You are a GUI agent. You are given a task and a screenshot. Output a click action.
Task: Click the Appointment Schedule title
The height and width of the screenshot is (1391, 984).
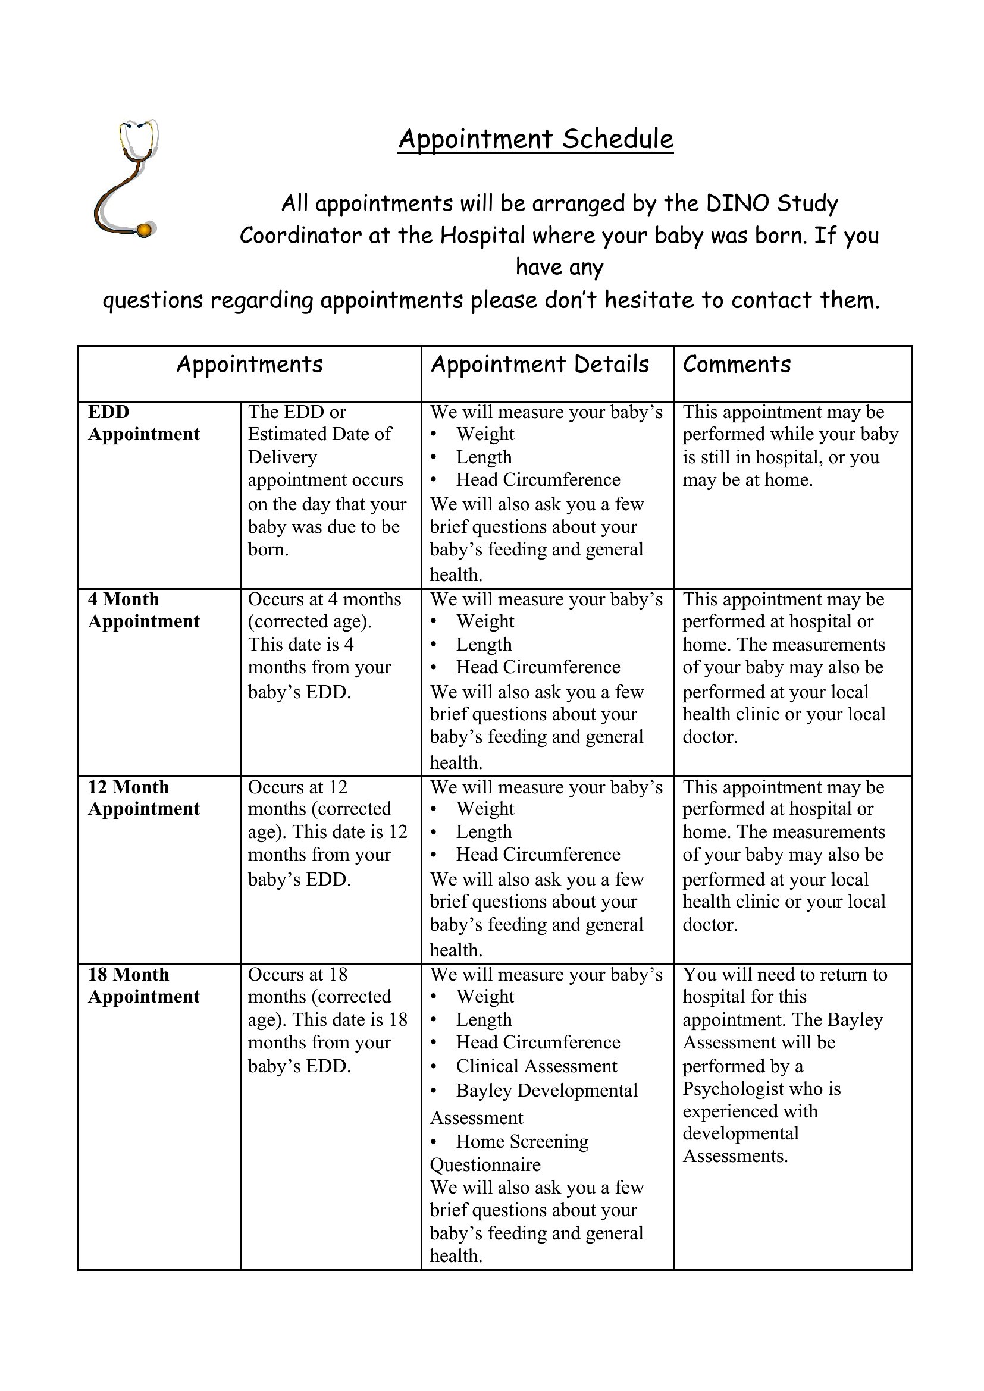535,139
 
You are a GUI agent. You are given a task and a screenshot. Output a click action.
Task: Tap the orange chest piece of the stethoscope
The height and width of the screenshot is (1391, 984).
144,230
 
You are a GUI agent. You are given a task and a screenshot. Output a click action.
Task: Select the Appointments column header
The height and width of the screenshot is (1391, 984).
249,365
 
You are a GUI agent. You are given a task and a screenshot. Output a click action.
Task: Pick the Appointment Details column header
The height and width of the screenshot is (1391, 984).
539,365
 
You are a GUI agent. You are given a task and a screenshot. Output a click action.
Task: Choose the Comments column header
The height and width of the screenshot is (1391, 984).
736,365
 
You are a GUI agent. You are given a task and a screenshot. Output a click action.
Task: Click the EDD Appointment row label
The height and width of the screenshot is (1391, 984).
143,423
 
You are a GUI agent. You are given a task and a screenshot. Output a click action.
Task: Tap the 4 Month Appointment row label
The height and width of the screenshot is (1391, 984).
143,610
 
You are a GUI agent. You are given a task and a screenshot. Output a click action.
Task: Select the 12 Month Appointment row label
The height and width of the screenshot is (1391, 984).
143,798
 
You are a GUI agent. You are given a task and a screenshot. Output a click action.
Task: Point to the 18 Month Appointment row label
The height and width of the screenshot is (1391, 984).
143,985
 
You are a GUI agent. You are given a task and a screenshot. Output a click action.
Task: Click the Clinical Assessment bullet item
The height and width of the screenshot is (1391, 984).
536,1066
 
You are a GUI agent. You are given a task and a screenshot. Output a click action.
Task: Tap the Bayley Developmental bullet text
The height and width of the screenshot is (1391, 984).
547,1090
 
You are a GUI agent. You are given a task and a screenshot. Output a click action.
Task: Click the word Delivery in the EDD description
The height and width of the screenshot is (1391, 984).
282,457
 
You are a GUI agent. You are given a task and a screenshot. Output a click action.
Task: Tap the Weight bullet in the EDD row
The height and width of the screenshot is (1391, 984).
485,434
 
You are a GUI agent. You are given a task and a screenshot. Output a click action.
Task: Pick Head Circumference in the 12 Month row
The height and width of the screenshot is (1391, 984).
537,854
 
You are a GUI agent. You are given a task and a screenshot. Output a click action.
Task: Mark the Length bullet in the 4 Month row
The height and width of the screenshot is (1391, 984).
484,644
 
